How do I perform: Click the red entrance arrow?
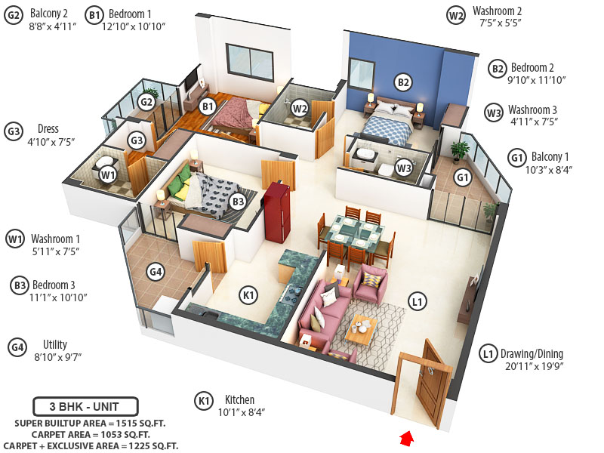408,436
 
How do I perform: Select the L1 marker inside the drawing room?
418,301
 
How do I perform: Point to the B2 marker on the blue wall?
403,82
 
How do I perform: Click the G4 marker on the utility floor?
156,272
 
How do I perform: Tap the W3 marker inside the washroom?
403,167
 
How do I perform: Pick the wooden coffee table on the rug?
361,330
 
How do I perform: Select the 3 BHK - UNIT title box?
85,406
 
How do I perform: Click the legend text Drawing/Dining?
532,353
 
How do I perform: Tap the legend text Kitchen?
239,399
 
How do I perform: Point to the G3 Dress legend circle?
14,130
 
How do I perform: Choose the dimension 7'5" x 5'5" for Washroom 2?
497,23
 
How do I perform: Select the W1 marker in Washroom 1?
108,175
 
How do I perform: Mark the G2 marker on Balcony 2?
146,101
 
